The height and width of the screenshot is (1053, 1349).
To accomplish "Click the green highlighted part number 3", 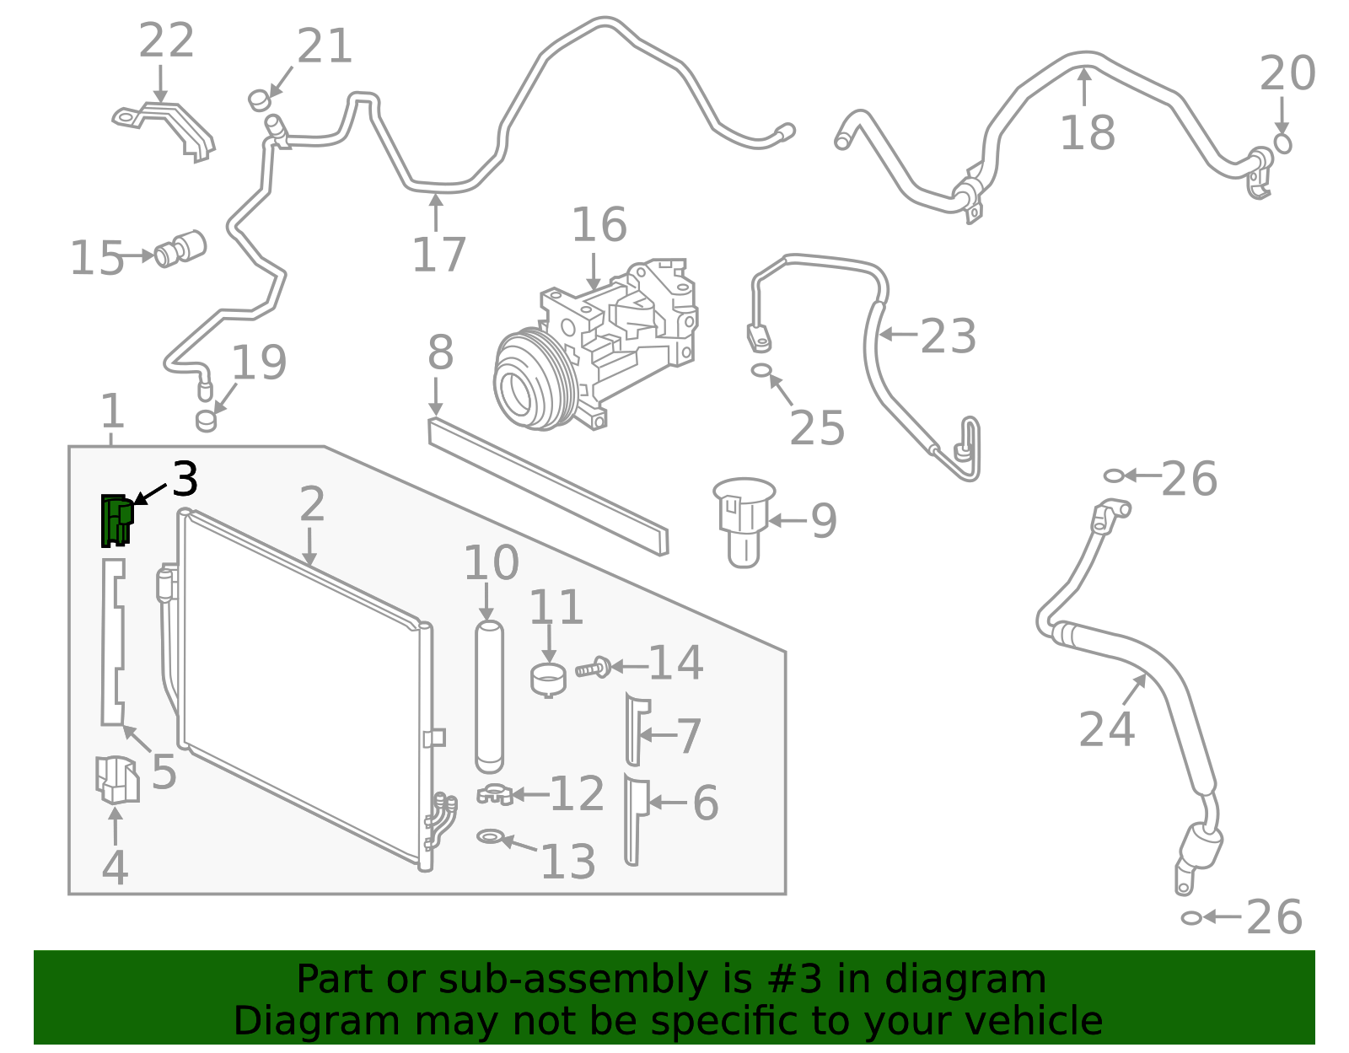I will tap(116, 520).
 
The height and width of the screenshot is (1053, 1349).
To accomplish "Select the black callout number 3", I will tap(185, 480).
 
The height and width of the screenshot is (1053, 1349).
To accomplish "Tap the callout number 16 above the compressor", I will tap(599, 225).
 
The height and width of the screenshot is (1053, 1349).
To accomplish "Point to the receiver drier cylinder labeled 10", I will tap(489, 696).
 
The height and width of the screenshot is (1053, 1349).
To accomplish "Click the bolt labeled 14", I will tap(593, 668).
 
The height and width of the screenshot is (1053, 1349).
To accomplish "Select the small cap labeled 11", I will tap(548, 680).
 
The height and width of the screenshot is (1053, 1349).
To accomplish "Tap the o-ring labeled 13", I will tap(490, 836).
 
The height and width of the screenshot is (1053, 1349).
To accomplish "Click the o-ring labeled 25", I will tap(760, 370).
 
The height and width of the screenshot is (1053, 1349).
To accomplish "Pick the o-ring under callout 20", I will tap(1282, 143).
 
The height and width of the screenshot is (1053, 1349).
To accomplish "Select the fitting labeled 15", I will tap(180, 248).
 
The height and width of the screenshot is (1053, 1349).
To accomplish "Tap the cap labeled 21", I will tap(260, 100).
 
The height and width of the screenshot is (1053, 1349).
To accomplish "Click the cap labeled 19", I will tap(207, 420).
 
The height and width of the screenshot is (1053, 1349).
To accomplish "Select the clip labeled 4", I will tap(116, 779).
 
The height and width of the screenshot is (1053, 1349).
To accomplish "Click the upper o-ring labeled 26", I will tap(1114, 476).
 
